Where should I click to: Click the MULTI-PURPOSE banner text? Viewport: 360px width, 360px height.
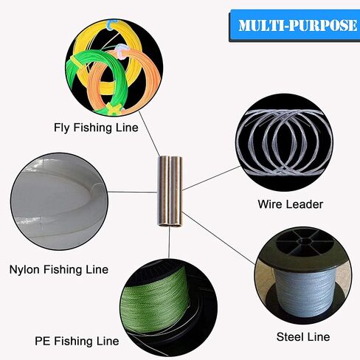tap(297, 25)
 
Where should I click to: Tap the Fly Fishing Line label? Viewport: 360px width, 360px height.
tap(96, 128)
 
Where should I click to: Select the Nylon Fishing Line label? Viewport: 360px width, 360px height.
tap(59, 269)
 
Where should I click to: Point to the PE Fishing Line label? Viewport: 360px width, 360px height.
tap(77, 341)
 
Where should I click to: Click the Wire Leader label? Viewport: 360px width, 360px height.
tap(291, 204)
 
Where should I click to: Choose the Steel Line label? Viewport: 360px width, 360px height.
tap(303, 337)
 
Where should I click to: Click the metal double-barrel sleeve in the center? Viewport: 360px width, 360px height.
tap(170, 191)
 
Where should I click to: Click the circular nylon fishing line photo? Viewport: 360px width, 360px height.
tap(59, 201)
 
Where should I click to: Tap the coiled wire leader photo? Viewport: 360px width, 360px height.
tap(285, 142)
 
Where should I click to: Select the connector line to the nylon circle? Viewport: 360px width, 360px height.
tap(133, 192)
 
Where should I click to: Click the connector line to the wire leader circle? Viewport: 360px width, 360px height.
tap(212, 178)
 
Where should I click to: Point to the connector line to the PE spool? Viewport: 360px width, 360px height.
tap(169, 242)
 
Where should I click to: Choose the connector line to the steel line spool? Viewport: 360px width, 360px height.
tap(219, 238)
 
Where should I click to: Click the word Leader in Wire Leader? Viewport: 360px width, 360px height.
tap(304, 204)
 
